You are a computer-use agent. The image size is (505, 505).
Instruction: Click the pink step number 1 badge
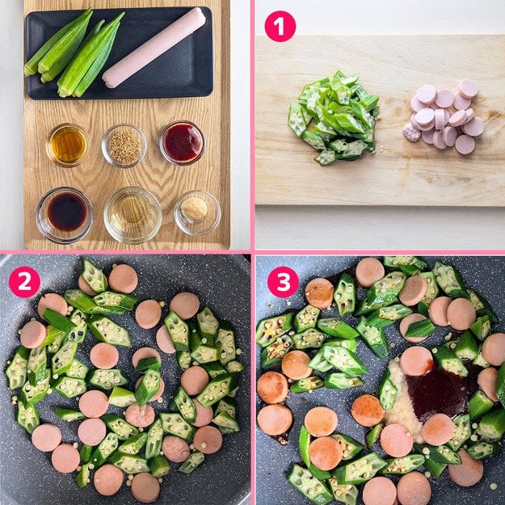click(x=280, y=26)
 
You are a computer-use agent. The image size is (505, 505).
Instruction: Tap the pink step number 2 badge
click(x=24, y=281)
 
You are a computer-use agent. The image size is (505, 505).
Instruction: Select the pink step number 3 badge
click(x=283, y=281)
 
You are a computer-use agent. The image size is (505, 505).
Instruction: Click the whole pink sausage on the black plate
click(x=154, y=48)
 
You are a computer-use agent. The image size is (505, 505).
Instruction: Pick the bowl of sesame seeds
click(x=124, y=146)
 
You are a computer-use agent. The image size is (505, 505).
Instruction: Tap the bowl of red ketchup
click(x=182, y=143)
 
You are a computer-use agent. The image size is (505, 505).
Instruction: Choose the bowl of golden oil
click(x=67, y=145)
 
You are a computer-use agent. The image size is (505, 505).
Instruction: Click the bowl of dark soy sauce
click(x=65, y=215)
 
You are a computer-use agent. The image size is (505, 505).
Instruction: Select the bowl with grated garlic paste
click(x=197, y=213)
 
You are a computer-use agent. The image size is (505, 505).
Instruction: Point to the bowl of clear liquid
click(x=133, y=215)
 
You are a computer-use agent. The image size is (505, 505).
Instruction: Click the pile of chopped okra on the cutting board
click(x=334, y=117)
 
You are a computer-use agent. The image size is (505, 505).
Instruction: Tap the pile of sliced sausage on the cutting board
click(x=444, y=116)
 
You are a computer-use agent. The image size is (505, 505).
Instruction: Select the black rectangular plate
click(x=119, y=53)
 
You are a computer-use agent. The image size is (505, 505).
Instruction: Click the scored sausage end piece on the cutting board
click(x=412, y=133)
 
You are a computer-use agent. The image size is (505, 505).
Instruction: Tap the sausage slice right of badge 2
click(x=123, y=279)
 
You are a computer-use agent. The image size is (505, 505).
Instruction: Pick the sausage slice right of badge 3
click(x=319, y=293)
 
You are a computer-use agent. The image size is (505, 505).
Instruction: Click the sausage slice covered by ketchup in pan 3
click(x=416, y=360)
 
